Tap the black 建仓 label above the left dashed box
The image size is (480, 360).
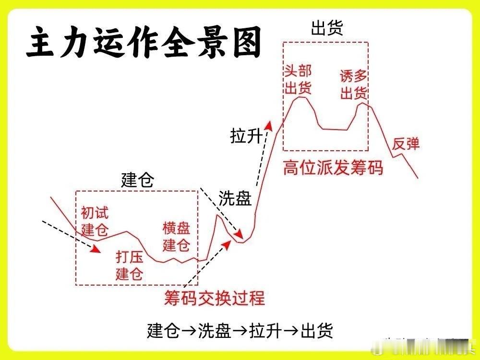click(138, 180)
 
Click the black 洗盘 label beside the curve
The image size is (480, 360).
click(235, 198)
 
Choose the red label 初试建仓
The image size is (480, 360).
click(95, 220)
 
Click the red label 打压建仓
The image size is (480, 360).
click(130, 265)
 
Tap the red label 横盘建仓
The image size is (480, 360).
click(177, 236)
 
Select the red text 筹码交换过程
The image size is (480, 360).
click(214, 298)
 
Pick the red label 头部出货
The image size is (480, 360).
click(298, 80)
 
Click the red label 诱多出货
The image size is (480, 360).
click(354, 84)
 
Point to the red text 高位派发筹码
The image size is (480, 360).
click(333, 168)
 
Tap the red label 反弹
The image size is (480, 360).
click(406, 143)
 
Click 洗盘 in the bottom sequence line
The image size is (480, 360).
click(212, 331)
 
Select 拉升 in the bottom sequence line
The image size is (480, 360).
click(264, 331)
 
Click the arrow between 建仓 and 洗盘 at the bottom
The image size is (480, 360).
click(187, 331)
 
